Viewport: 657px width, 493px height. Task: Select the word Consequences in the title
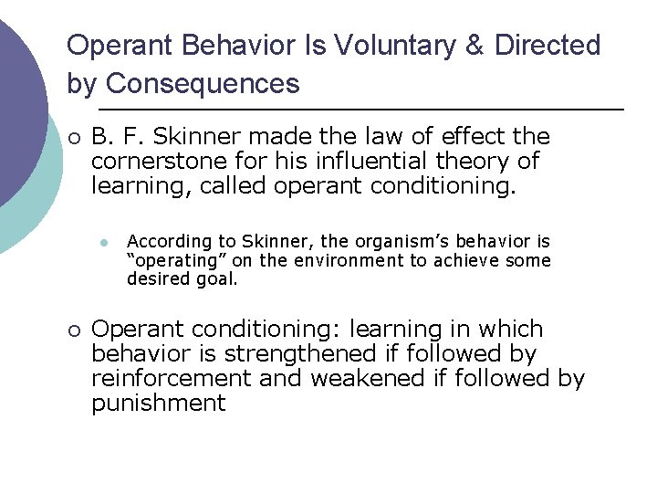point(202,84)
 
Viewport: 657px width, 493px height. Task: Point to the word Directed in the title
point(547,45)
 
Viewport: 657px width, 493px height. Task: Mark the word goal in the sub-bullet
point(219,278)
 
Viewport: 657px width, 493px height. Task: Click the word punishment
point(158,403)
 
